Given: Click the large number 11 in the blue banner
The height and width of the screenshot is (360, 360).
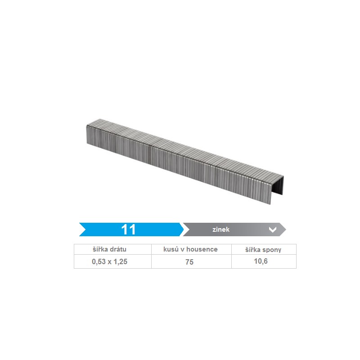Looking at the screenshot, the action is coord(128,229).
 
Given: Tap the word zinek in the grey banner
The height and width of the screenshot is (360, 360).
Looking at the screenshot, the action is coord(221,229).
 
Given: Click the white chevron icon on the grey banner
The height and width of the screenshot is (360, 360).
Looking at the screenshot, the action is coord(273,229).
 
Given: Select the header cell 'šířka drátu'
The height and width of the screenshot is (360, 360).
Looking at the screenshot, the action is coord(109,249).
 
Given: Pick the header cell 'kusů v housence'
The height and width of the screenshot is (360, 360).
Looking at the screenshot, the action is coord(190,249).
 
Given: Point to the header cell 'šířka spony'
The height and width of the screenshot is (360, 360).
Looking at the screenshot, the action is coord(263,250).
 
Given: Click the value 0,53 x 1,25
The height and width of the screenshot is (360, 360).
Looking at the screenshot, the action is coord(109,261).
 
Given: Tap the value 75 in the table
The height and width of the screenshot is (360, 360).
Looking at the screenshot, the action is coord(189,262).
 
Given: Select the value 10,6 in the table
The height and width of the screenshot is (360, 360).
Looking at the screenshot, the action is coord(261,261).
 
